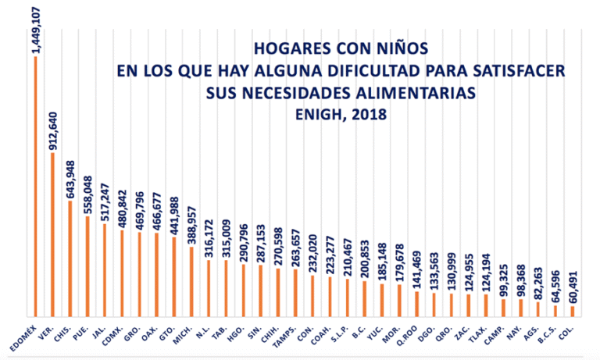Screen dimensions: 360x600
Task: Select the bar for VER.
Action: (x=52, y=234)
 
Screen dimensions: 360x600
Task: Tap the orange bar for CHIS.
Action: (x=70, y=258)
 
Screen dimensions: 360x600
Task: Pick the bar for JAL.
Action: (x=104, y=269)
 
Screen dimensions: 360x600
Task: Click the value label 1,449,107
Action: (x=36, y=28)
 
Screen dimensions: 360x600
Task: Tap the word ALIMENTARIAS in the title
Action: (x=413, y=92)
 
